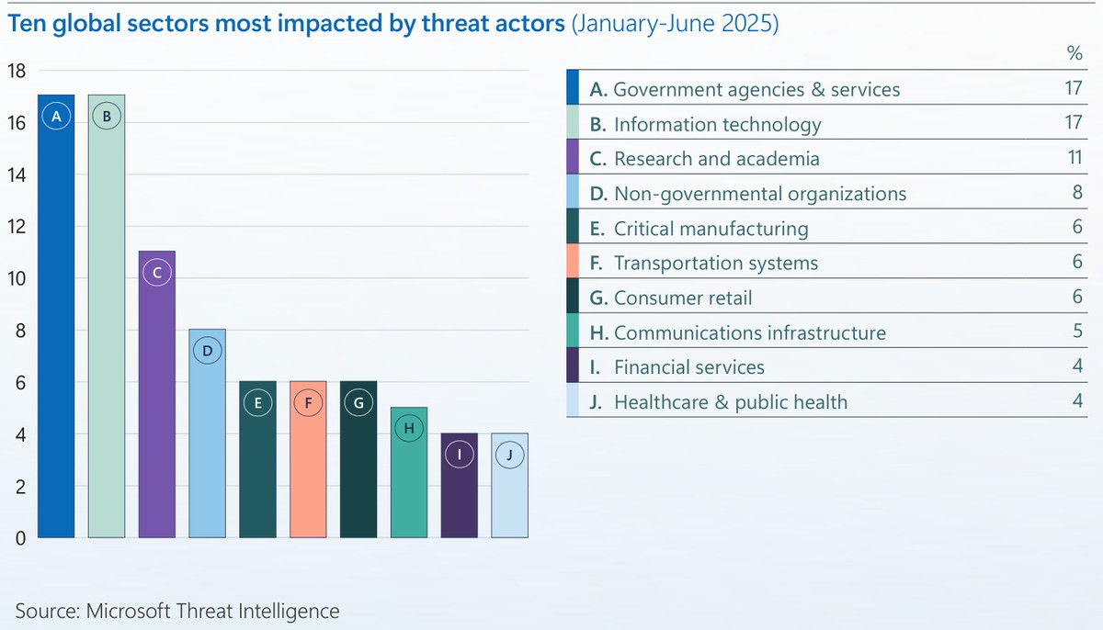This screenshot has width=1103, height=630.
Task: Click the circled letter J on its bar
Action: coord(509,454)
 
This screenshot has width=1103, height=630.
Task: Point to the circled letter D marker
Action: coord(208,350)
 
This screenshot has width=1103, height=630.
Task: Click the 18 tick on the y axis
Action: coord(17,71)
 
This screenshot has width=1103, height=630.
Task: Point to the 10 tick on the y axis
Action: coord(17,279)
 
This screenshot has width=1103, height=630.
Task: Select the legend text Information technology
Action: coord(717,124)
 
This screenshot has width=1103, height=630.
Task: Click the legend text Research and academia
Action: coord(716,159)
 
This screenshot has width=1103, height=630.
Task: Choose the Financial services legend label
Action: coord(688,367)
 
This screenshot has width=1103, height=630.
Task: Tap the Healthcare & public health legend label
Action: coord(731,402)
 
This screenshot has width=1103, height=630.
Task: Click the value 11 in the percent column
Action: coord(1073,158)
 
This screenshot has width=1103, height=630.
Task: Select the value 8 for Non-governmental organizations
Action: coord(1077,193)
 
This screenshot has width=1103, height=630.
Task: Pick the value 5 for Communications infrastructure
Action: coord(1077,332)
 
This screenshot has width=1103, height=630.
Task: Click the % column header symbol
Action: coord(1075,53)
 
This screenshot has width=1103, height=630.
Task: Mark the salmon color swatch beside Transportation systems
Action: coord(572,263)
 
